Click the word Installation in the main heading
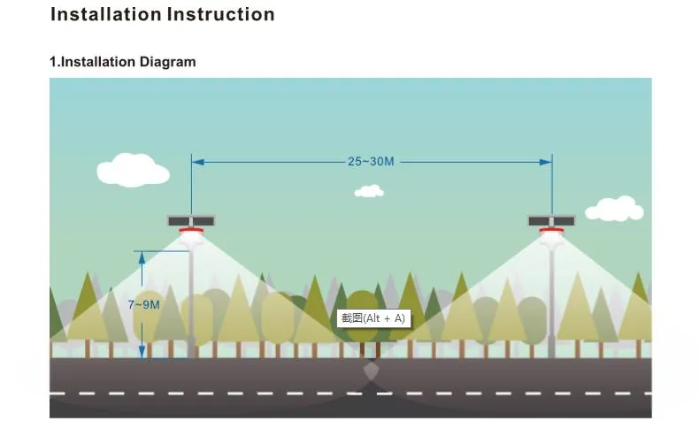point(104,15)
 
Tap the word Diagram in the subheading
point(165,62)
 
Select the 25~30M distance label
point(371,162)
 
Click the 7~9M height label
point(143,304)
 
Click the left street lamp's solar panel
point(191,221)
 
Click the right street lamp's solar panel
point(551,221)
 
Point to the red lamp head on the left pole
point(191,233)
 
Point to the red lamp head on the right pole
point(551,233)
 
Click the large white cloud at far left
point(132,171)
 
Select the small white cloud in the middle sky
point(369,191)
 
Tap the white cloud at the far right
point(614,210)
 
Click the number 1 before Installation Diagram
point(53,62)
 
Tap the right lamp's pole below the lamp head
point(552,292)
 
